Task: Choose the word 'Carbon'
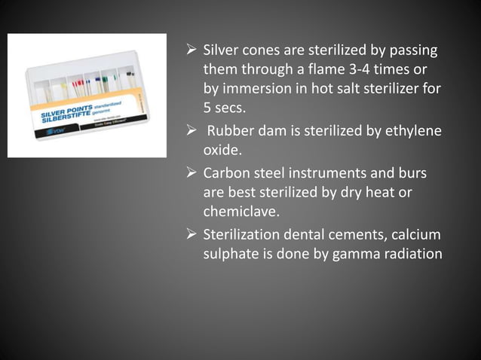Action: coord(226,174)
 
